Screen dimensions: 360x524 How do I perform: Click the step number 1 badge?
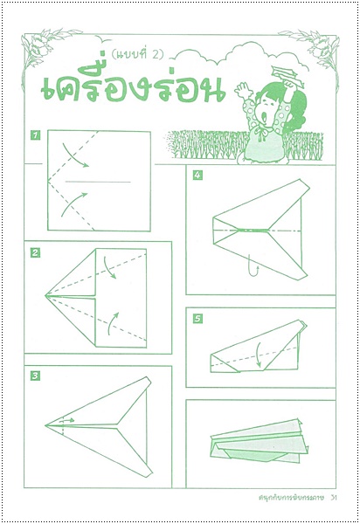coord(35,135)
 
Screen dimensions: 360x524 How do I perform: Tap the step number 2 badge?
coord(35,253)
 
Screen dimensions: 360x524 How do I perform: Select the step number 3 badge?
coord(35,376)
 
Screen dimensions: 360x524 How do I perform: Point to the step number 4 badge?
coord(197,175)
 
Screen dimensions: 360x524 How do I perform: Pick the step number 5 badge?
coord(197,319)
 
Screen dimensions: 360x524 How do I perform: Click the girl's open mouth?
coord(265,116)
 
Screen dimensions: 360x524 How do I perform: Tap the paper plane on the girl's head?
coord(287,75)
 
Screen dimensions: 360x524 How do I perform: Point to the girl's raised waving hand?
coord(242,90)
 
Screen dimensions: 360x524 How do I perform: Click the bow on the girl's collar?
coord(261,133)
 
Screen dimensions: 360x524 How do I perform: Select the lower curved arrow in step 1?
coord(73,203)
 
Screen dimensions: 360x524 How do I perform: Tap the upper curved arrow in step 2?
coord(109,267)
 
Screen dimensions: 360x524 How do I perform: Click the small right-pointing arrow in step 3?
coord(68,420)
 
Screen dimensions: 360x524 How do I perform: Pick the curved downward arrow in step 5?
coord(258,355)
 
